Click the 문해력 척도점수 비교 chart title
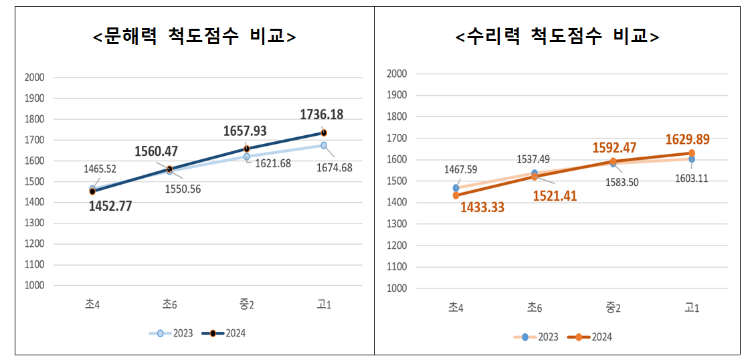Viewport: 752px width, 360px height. (194, 36)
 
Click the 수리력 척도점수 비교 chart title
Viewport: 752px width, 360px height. (557, 36)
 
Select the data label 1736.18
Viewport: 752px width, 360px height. (321, 115)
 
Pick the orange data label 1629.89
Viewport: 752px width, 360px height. (687, 139)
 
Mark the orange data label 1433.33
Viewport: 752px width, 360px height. (482, 207)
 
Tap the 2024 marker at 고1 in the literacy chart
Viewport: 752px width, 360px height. (324, 132)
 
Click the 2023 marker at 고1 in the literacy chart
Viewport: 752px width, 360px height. (324, 145)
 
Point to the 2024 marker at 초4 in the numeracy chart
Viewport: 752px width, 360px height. (456, 195)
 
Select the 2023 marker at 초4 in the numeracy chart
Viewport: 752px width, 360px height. (456, 188)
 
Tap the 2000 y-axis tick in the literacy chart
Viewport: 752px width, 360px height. (34, 78)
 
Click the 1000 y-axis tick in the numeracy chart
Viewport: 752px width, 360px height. (397, 288)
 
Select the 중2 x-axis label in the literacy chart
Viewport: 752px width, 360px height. (246, 304)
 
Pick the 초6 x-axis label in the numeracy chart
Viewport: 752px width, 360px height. (534, 308)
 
